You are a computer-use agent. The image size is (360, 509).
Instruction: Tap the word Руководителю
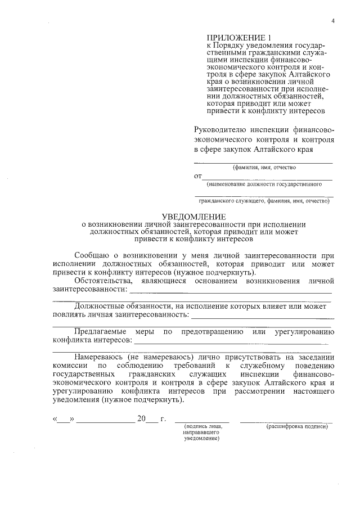[x=219, y=129]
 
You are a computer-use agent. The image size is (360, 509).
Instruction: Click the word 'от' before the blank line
[x=198, y=176]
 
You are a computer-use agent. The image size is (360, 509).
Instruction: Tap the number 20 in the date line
[x=141, y=419]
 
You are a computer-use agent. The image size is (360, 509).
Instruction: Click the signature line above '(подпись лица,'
[x=202, y=421]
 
